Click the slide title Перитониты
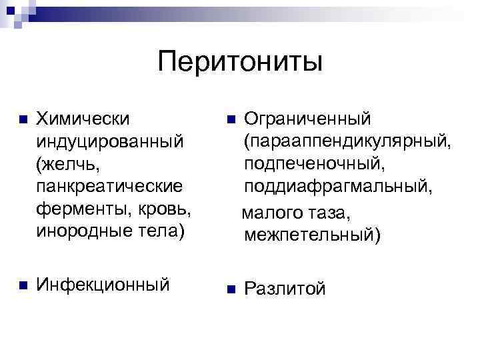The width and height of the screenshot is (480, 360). pyautogui.click(x=240, y=63)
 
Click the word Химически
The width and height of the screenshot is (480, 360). pyautogui.click(x=83, y=119)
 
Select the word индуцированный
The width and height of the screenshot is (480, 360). pyautogui.click(x=109, y=143)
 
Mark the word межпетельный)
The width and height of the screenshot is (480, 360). pyautogui.click(x=312, y=235)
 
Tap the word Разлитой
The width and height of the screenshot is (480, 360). pyautogui.click(x=285, y=289)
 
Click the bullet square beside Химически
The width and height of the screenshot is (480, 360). pyautogui.click(x=23, y=121)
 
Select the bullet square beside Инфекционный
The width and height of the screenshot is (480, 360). pyautogui.click(x=23, y=285)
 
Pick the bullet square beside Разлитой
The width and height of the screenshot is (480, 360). pyautogui.click(x=230, y=289)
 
